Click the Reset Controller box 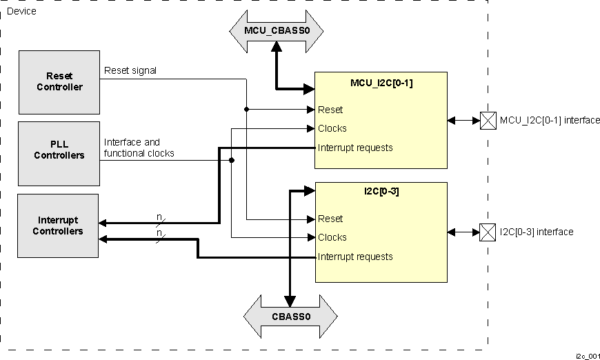tap(59, 81)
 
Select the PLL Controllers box tap(59, 153)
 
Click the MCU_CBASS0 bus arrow tap(276, 30)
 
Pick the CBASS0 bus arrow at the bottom tap(290, 317)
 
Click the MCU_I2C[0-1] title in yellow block tap(381, 83)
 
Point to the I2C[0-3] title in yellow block tap(381, 192)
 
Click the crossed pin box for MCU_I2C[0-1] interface tap(488, 121)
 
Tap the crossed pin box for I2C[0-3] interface tap(488, 232)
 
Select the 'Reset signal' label tap(130, 70)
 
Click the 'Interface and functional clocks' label tap(139, 148)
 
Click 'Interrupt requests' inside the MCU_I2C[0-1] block tap(355, 148)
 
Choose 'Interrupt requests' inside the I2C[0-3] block tap(355, 257)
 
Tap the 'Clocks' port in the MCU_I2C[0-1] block tap(332, 128)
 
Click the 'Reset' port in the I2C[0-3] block tap(330, 219)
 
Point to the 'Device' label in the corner tap(21, 11)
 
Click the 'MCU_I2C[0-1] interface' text tap(550, 121)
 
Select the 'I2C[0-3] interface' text tap(537, 232)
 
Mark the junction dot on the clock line tap(232, 160)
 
